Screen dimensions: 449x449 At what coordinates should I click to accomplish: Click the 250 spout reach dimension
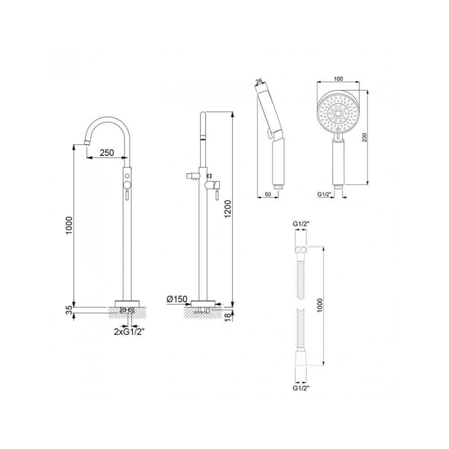(x=107, y=153)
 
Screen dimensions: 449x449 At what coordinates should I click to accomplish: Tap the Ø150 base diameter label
(x=176, y=299)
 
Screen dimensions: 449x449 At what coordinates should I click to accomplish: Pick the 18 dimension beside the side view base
(x=228, y=317)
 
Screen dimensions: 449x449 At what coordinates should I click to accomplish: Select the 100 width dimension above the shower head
(x=338, y=79)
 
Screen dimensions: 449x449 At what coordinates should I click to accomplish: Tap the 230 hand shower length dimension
(x=364, y=137)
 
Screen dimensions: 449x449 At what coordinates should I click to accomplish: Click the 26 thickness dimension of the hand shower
(x=259, y=81)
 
